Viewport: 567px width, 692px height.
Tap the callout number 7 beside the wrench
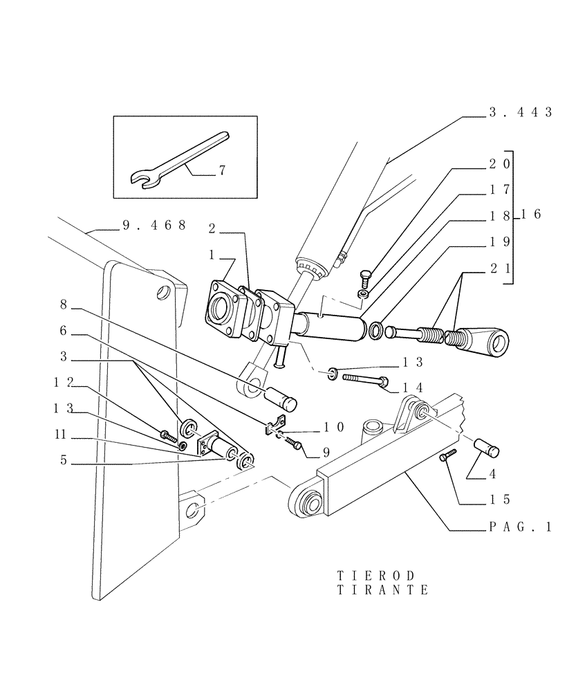(x=222, y=170)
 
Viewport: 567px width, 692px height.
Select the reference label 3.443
(x=519, y=112)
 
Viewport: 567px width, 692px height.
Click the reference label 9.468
(x=154, y=225)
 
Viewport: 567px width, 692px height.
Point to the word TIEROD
(x=376, y=576)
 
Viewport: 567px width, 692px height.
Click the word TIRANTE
(x=382, y=590)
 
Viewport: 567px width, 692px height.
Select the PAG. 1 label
(x=519, y=527)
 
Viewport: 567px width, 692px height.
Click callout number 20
(x=499, y=164)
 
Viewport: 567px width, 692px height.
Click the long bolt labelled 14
(x=366, y=379)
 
